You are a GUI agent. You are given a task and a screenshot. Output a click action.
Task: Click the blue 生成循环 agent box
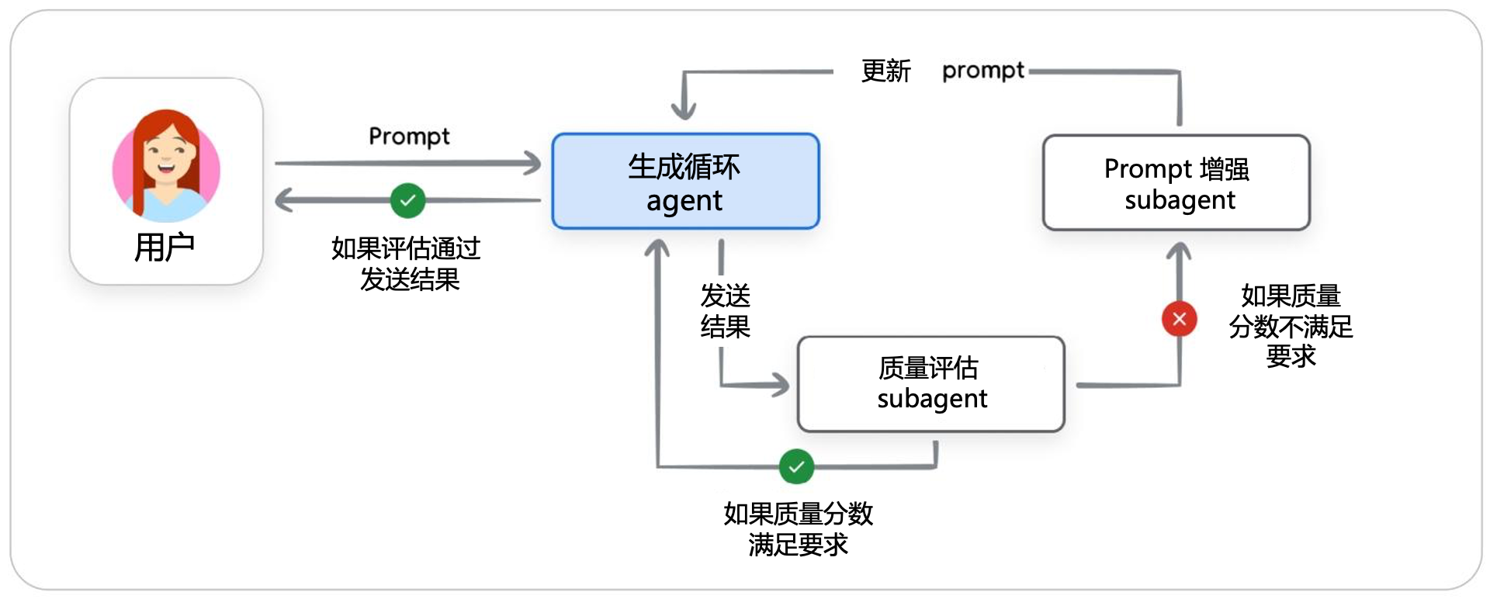(685, 182)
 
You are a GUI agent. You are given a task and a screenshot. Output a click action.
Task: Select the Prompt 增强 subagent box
(1176, 183)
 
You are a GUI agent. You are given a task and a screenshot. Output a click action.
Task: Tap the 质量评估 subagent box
(930, 383)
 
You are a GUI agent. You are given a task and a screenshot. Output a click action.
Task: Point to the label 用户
(165, 248)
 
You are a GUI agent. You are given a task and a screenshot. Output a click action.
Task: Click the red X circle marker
(1179, 319)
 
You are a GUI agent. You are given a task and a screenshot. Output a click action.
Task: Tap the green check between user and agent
(407, 201)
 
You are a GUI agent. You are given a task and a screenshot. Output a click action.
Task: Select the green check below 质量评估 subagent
(796, 466)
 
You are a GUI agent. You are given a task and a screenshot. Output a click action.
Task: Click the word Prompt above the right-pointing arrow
(409, 137)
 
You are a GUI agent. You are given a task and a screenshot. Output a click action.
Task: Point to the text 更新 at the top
(885, 71)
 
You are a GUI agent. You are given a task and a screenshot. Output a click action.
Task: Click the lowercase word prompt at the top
(982, 71)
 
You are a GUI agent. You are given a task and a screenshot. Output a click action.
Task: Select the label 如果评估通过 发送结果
(407, 264)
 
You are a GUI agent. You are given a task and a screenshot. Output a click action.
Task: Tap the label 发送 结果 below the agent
(725, 310)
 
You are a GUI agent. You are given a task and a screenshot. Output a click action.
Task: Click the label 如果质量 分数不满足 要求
(1290, 326)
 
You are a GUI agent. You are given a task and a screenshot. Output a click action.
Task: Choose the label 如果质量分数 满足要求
(798, 528)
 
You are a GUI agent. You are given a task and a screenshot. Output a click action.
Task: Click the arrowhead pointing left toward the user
(283, 200)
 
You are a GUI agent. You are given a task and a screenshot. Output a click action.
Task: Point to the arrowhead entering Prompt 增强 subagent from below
(1179, 250)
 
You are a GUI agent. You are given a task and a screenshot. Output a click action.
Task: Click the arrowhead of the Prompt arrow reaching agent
(533, 163)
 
